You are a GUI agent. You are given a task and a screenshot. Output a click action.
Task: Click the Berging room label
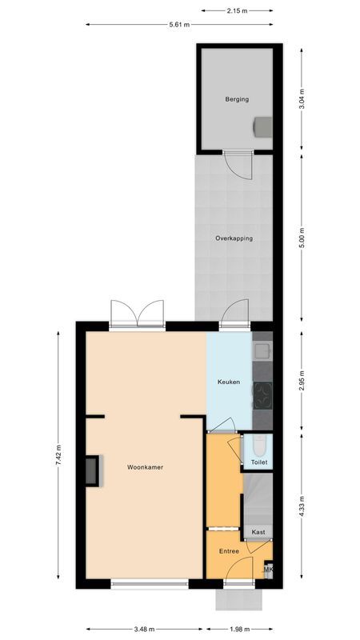[x=237, y=99]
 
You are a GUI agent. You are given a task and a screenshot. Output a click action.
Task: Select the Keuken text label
[x=229, y=382]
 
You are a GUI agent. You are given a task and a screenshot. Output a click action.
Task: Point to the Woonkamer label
[x=146, y=467]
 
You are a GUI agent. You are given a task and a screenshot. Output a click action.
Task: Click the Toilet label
[x=258, y=462]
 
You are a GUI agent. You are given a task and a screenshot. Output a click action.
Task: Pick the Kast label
[x=258, y=531]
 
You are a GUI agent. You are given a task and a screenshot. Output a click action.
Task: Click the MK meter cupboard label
[x=269, y=569]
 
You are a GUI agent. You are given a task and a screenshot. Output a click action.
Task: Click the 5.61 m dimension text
[x=179, y=25]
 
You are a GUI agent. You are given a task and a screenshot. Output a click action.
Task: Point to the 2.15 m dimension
[x=238, y=10]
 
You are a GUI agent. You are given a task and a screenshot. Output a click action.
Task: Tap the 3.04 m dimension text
[x=301, y=101]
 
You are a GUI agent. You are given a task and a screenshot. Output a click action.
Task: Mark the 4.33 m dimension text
[x=301, y=506]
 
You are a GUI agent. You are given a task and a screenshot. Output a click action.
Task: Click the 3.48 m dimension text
[x=145, y=629]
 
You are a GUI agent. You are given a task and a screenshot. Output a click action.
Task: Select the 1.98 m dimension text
[x=238, y=629]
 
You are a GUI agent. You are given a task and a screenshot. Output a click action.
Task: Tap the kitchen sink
[x=263, y=350]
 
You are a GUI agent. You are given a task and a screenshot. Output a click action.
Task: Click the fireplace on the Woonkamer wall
[x=94, y=470]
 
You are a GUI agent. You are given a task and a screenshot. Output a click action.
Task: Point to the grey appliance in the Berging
[x=262, y=126]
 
